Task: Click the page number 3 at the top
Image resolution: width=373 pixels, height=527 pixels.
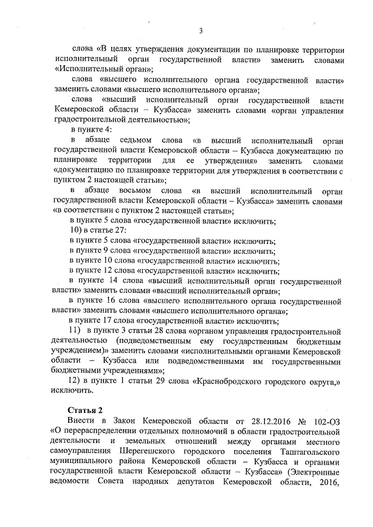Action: (200, 31)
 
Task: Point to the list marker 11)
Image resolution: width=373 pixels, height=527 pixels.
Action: (76, 331)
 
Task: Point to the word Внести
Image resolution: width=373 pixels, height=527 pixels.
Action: (81, 420)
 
